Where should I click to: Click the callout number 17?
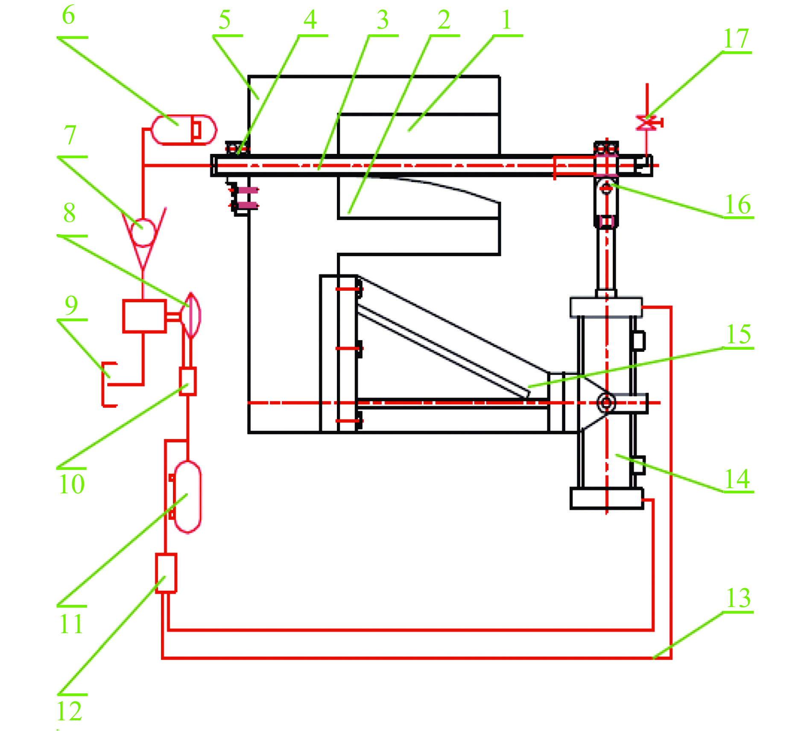(736, 39)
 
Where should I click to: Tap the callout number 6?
(68, 15)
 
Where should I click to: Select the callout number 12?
(69, 711)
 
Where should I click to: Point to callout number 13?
(738, 598)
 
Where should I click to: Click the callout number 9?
(71, 305)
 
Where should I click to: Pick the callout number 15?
(739, 334)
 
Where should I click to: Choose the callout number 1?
(506, 20)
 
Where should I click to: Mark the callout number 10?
(72, 484)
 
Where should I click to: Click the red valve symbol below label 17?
(648, 123)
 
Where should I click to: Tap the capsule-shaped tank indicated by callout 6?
(184, 130)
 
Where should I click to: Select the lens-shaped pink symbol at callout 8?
(191, 315)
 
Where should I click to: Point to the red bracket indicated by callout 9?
(108, 384)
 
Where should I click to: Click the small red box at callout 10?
(187, 381)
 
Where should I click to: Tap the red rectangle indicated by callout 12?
(166, 573)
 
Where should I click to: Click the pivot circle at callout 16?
(606, 187)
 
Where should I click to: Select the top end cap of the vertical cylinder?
(606, 307)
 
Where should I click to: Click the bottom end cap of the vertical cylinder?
(606, 498)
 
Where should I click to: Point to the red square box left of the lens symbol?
(144, 316)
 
